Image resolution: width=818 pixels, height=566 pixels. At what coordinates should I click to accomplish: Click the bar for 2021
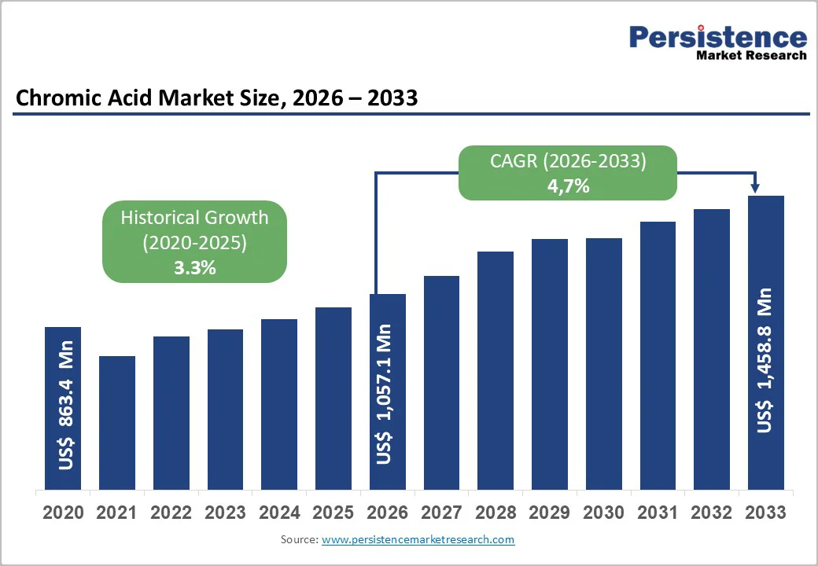(117, 422)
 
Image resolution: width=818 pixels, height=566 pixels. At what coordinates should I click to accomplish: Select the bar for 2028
(496, 370)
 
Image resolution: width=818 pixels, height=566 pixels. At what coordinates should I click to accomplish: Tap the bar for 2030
(604, 363)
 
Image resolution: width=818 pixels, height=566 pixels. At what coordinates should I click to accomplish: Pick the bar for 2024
(279, 404)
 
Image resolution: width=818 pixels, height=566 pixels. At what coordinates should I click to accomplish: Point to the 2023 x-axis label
(225, 513)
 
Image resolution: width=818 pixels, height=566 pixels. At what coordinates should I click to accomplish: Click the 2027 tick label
(441, 513)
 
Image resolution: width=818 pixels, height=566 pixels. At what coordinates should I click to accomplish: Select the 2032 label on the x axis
(711, 513)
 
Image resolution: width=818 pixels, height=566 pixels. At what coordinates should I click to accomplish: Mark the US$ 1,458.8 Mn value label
(765, 360)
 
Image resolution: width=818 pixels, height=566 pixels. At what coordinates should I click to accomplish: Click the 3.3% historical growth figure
(194, 267)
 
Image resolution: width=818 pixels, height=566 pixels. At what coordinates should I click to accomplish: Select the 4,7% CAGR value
(569, 186)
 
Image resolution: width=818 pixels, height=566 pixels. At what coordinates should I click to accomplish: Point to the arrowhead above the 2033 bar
(755, 188)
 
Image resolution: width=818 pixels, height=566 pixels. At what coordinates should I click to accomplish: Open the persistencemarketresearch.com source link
(418, 540)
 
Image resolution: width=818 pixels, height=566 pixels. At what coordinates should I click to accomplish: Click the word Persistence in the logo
(718, 37)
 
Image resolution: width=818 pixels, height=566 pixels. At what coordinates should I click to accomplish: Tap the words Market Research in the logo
(751, 56)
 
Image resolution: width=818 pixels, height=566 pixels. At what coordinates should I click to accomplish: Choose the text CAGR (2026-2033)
(569, 162)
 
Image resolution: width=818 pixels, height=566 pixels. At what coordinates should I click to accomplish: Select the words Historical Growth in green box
(194, 217)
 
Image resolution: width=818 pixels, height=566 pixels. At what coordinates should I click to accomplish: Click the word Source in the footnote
(298, 540)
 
